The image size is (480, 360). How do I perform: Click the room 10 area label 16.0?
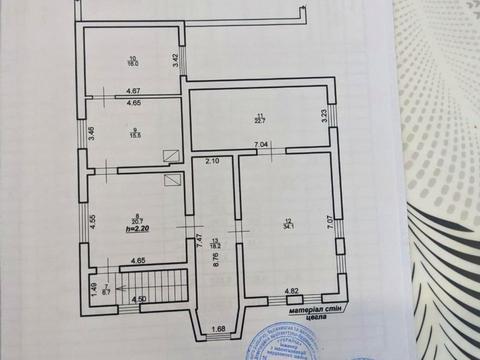[x=132, y=64]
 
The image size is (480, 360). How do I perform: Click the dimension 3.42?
[x=175, y=60]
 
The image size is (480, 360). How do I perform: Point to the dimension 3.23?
[x=324, y=116]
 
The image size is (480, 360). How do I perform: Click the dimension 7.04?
[x=260, y=147]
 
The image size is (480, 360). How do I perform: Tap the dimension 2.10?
[x=212, y=161]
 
